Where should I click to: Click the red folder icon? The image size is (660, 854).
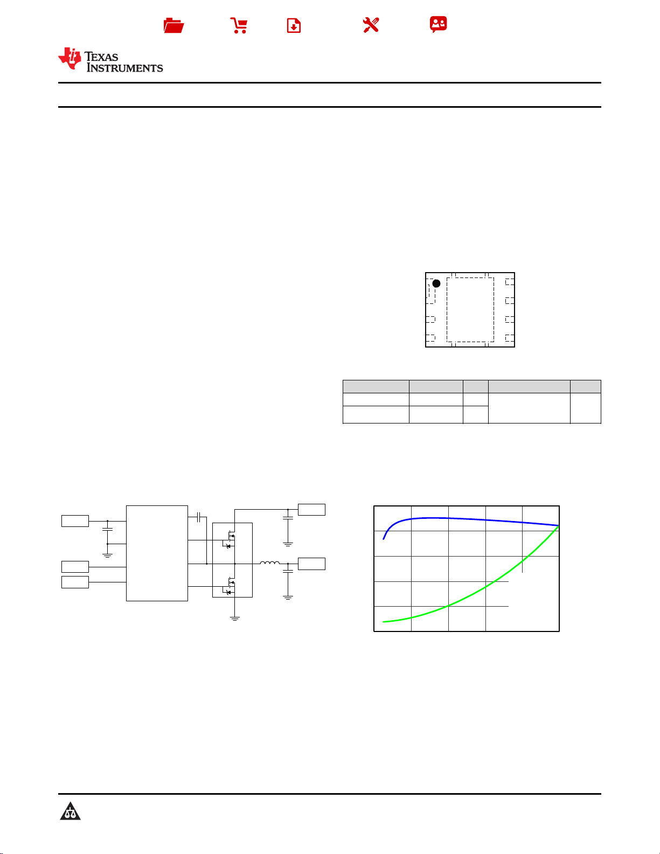click(173, 25)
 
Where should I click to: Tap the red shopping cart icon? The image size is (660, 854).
click(239, 25)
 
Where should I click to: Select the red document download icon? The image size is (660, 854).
click(294, 25)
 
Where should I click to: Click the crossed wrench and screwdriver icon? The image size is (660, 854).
click(371, 25)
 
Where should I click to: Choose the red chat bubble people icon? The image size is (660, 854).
click(439, 24)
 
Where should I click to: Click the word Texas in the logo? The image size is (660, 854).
click(101, 57)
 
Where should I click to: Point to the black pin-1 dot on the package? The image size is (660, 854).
click(436, 283)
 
